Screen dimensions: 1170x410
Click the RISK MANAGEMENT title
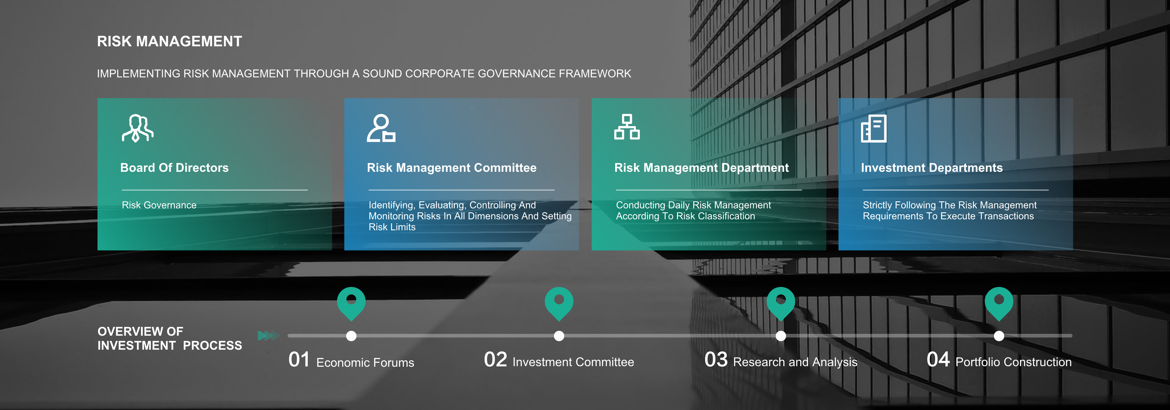[169, 41]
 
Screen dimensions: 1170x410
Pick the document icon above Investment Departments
[874, 129]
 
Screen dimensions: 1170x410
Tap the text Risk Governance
[159, 205]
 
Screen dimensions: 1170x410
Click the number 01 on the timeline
[299, 360]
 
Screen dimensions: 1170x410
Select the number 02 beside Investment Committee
[495, 360]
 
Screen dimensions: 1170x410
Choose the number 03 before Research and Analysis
[716, 360]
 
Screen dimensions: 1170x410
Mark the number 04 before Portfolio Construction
[938, 360]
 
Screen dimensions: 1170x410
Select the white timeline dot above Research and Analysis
[781, 336]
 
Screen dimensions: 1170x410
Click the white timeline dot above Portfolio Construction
[999, 336]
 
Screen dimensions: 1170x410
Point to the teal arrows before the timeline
[268, 336]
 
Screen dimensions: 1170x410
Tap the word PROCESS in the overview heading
[213, 345]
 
